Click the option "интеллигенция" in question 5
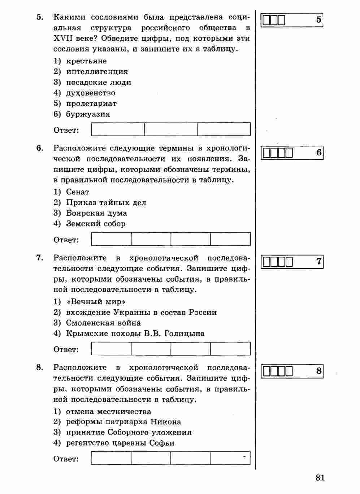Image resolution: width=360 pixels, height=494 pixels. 97,72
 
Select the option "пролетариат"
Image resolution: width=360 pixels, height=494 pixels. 91,103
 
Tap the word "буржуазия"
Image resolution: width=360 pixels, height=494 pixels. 88,114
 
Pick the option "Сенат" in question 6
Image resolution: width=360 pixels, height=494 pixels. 78,192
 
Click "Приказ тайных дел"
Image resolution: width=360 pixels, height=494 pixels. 106,203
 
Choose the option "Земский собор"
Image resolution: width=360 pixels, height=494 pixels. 96,224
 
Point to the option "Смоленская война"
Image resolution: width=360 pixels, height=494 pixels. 103,323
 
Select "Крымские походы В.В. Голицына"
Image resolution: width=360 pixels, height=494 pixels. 135,334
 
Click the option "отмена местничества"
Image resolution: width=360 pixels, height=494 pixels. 108,412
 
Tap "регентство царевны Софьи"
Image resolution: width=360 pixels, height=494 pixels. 120,443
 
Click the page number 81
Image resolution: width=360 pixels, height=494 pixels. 320,478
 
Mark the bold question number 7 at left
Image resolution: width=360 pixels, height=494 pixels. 39,258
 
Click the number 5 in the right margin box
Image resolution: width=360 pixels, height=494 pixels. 318,20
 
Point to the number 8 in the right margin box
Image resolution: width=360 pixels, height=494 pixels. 318,371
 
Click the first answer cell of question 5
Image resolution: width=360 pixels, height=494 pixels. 118,129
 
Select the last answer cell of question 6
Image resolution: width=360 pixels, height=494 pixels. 230,239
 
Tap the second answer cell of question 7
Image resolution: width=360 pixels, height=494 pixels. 151,349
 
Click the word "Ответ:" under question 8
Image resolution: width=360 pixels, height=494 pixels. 66,459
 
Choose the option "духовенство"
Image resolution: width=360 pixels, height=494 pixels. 91,93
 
